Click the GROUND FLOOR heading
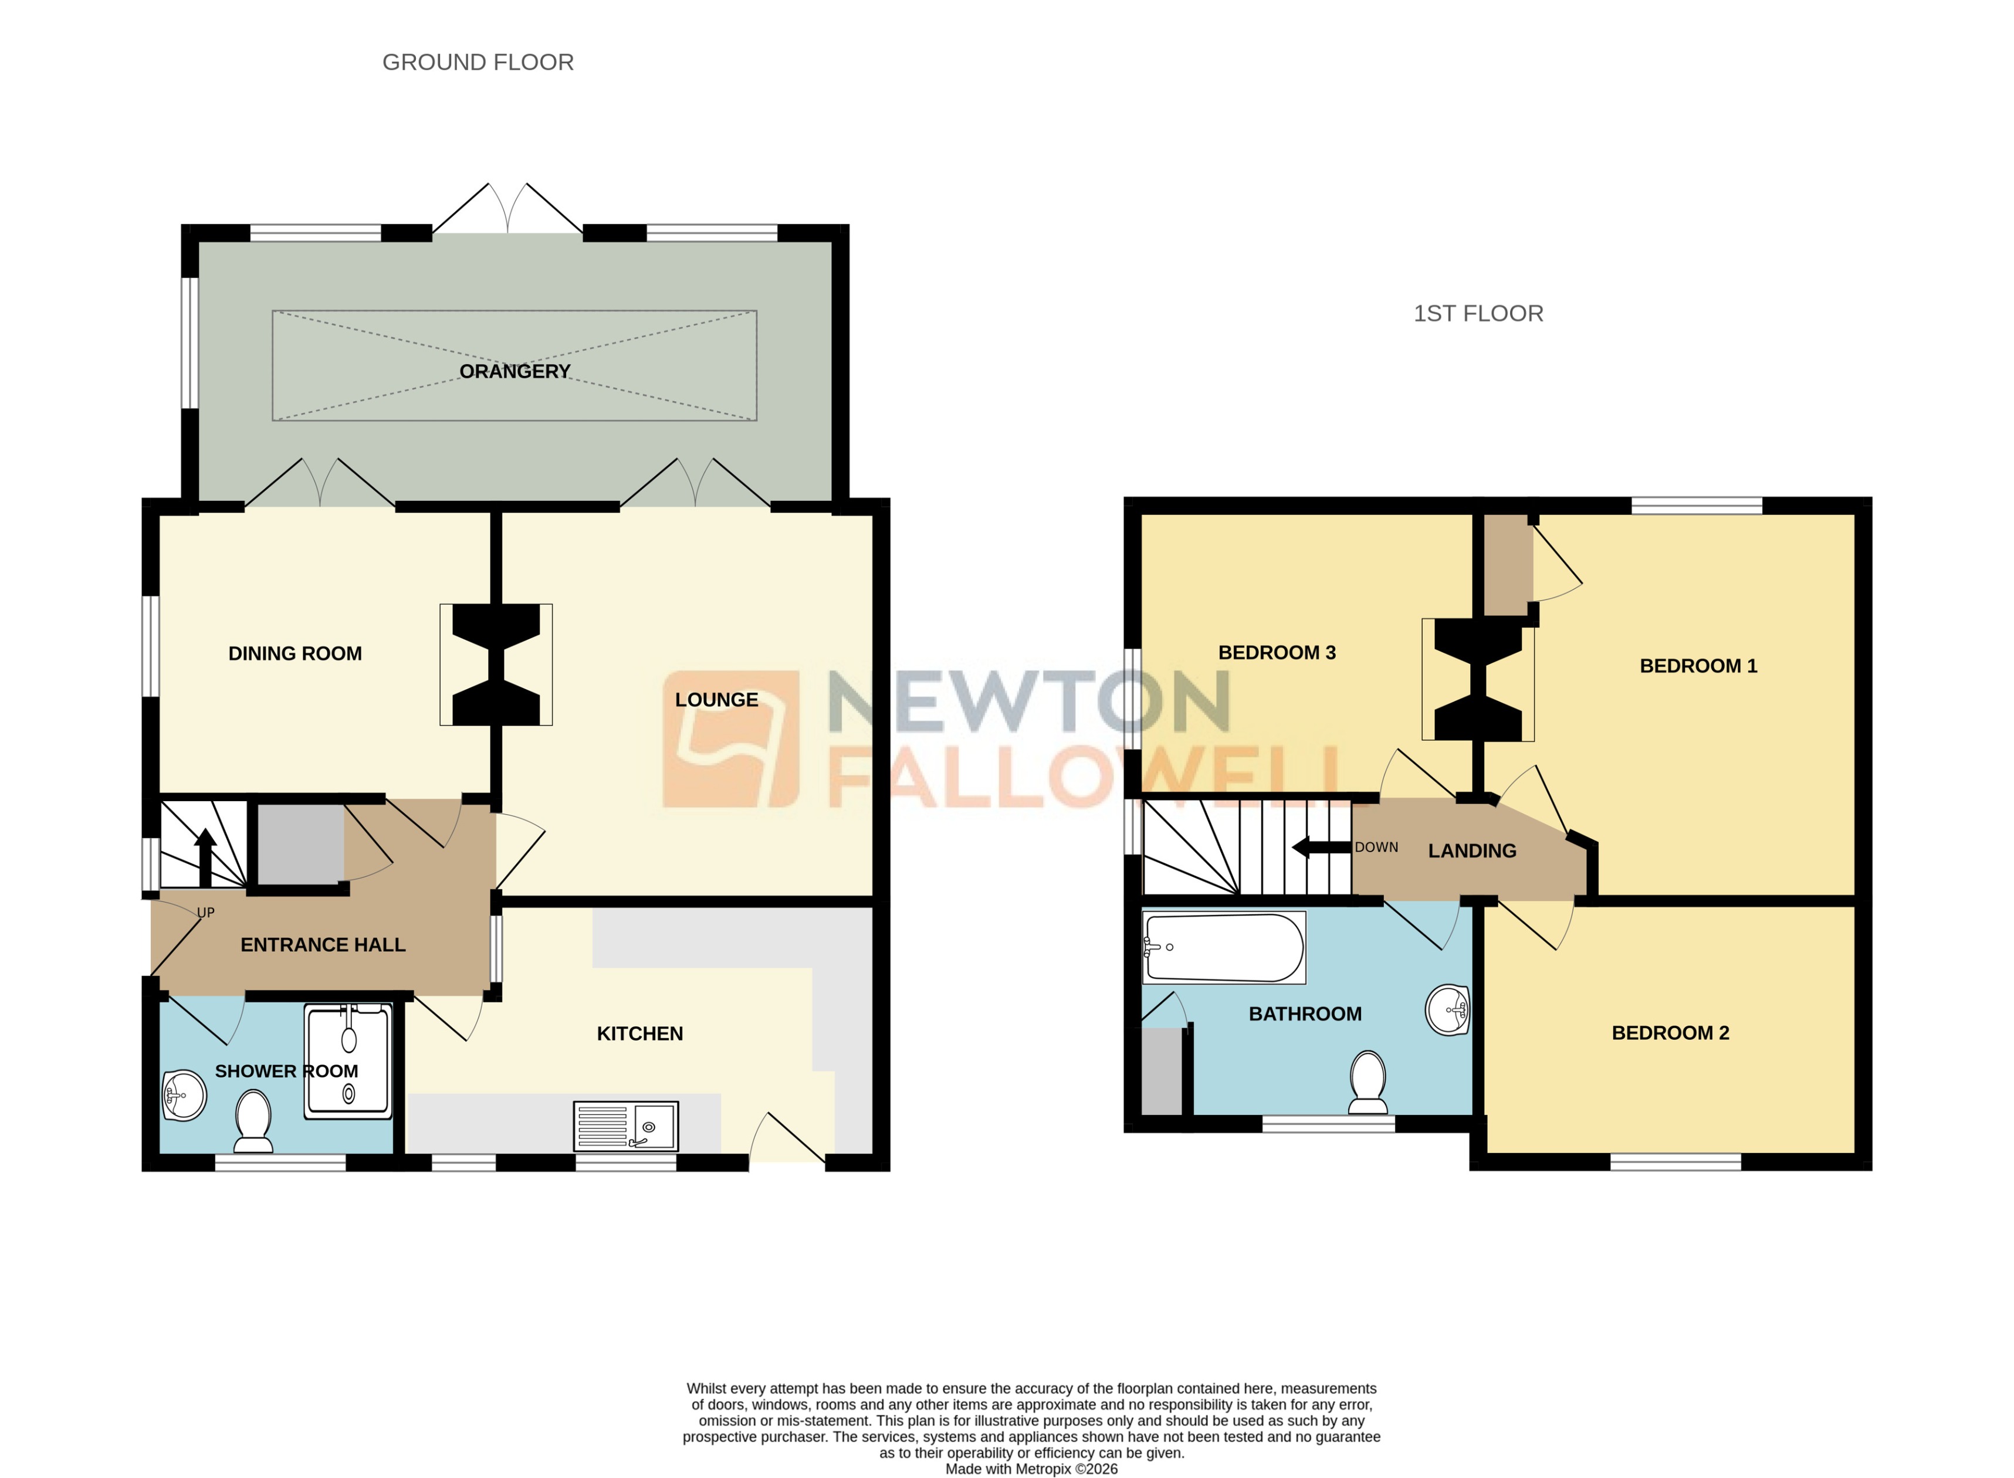coord(478,63)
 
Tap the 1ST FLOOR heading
coord(1478,314)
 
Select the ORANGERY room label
coord(514,371)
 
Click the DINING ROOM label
coord(295,654)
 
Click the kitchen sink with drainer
coord(625,1126)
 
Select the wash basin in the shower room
coord(184,1096)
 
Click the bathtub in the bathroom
coord(1224,947)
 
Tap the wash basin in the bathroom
coord(1447,1010)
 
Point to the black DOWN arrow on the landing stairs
coord(1321,848)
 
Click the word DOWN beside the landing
coord(1376,848)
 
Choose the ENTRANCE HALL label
coord(323,945)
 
